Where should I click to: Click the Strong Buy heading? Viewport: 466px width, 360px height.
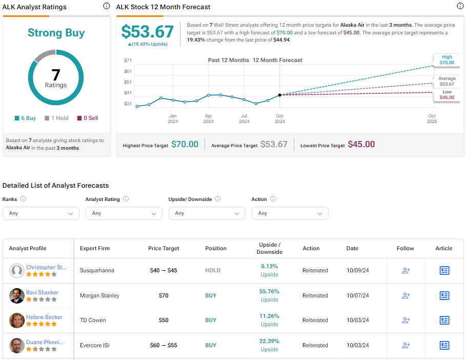[56, 33]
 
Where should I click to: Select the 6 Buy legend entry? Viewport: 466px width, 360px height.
[25, 118]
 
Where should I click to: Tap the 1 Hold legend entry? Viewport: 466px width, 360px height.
[56, 118]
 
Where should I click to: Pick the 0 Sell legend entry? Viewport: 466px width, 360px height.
[87, 118]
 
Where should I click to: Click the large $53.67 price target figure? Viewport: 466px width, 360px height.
[148, 32]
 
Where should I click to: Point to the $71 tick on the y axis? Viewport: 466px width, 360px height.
[128, 61]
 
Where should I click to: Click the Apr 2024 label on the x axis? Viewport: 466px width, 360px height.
[208, 118]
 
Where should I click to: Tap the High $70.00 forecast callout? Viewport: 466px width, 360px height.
[447, 60]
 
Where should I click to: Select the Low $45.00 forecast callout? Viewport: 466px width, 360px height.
[447, 94]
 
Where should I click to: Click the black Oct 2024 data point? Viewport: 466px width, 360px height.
[279, 95]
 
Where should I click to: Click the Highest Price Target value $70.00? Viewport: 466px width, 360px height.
[185, 145]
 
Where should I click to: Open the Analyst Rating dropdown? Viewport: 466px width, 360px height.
[124, 213]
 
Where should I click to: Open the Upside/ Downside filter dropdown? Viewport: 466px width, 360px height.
[207, 213]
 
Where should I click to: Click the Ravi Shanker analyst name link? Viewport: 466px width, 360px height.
[42, 292]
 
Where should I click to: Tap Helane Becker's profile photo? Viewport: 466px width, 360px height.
[16, 321]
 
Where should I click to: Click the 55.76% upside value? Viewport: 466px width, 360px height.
[269, 291]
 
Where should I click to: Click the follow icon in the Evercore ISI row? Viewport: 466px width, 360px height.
[406, 345]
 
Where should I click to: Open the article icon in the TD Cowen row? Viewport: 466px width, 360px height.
[444, 320]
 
